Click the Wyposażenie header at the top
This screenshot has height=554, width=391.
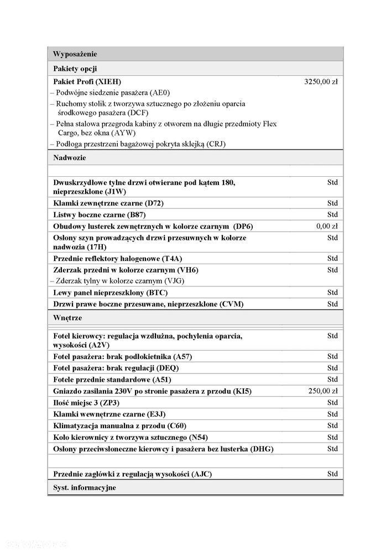tap(75, 54)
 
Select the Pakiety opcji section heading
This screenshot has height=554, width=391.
tap(75, 69)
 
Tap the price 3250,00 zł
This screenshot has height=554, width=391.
tap(321, 81)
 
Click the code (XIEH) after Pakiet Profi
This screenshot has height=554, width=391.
tap(108, 81)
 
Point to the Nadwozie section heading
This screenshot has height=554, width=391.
tap(70, 158)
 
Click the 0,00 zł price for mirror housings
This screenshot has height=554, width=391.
tap(327, 226)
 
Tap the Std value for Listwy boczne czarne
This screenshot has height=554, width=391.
tap(332, 214)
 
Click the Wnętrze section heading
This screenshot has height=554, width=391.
tap(68, 319)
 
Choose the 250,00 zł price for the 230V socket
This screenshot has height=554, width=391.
tap(323, 391)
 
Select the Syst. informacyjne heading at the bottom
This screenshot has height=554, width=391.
tap(85, 488)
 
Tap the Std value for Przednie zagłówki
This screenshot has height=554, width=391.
tap(332, 474)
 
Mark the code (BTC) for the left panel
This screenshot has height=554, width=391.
tap(157, 293)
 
